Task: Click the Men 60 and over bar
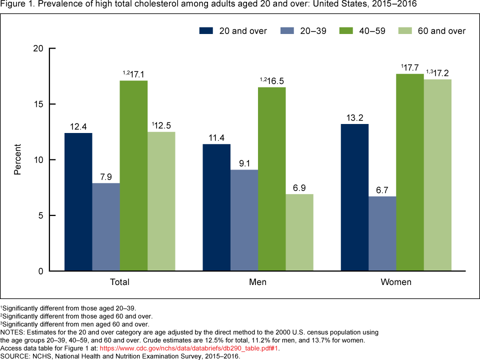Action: pos(299,232)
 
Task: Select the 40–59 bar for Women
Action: pos(410,172)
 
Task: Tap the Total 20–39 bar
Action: pos(106,227)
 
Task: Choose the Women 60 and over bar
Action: pos(438,175)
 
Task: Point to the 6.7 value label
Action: pos(382,190)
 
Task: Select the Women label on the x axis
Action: pos(396,282)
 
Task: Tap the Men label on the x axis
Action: pos(258,282)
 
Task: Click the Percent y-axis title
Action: pos(17,159)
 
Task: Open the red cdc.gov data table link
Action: pos(189,348)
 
